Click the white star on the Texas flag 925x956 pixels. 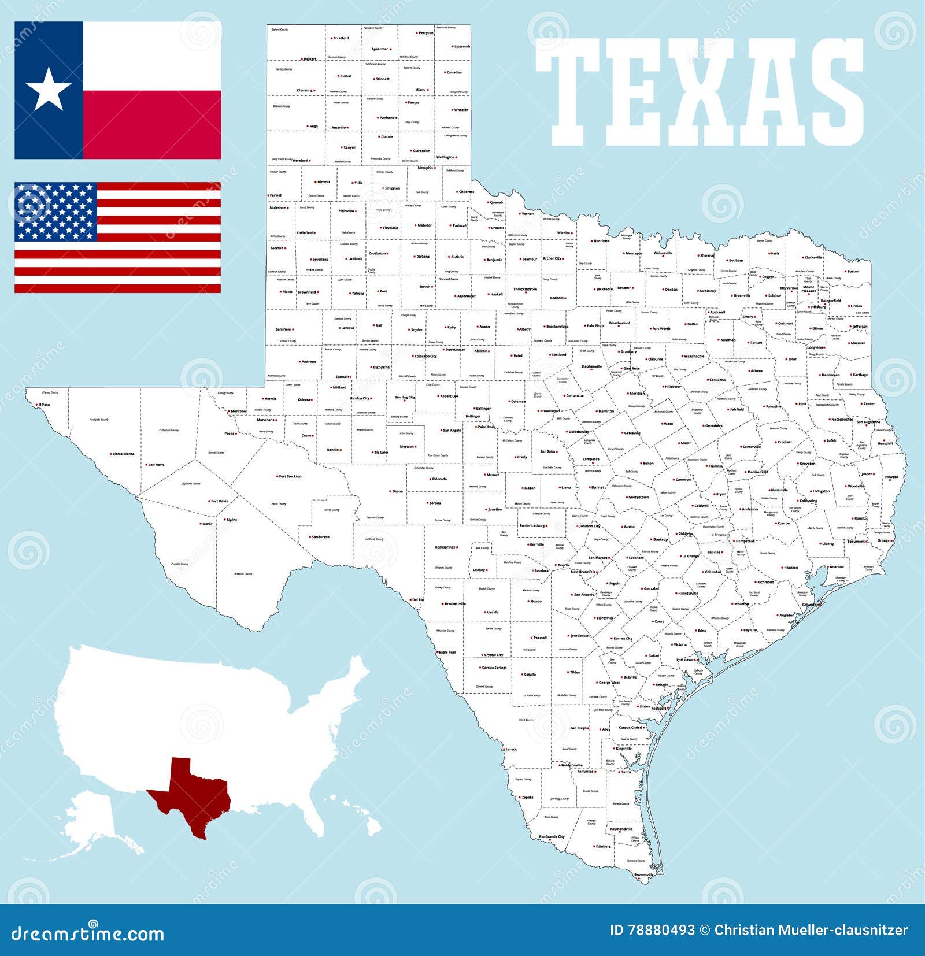(49, 90)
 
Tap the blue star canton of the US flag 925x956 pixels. (55, 212)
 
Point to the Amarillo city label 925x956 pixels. (339, 127)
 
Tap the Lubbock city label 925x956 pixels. (355, 259)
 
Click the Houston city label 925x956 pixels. (790, 568)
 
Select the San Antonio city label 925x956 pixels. (584, 594)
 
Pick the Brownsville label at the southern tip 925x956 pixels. (643, 875)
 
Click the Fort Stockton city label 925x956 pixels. (290, 476)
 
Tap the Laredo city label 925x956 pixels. (511, 749)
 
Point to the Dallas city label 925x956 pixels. (692, 324)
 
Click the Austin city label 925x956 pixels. (629, 527)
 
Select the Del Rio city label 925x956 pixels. (417, 599)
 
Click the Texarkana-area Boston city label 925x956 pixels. (853, 271)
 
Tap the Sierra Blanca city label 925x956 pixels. (123, 454)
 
